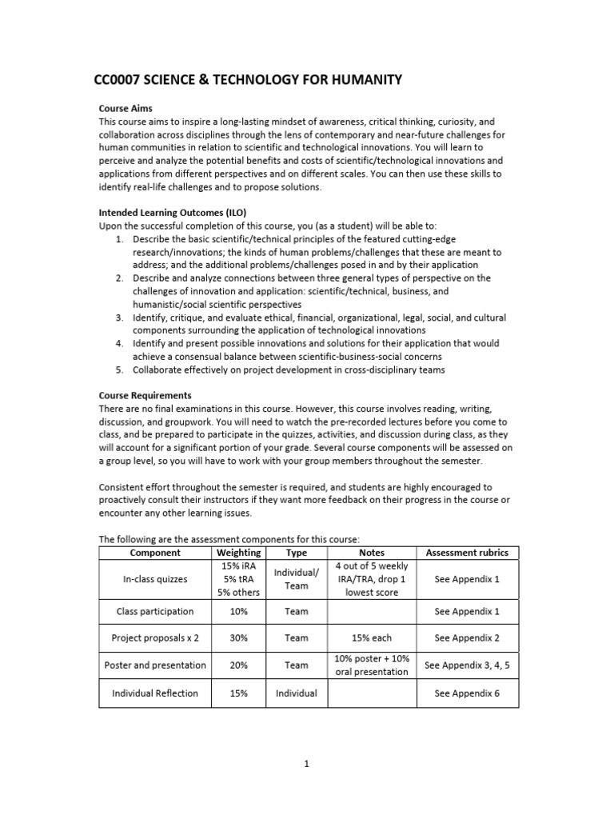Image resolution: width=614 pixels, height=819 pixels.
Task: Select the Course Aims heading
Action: click(x=126, y=109)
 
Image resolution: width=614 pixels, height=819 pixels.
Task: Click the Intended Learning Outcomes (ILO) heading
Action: click(x=172, y=214)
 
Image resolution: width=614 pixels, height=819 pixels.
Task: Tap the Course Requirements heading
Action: click(x=145, y=395)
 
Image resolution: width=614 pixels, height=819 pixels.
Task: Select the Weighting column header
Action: click(x=238, y=553)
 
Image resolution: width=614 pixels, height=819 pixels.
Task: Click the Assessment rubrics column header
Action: click(x=467, y=553)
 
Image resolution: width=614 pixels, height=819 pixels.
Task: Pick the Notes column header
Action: click(x=372, y=553)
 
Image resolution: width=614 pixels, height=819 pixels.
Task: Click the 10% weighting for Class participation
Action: click(x=238, y=612)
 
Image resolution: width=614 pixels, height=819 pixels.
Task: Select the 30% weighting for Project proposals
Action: click(x=238, y=638)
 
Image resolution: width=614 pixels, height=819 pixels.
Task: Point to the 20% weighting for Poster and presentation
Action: click(x=238, y=665)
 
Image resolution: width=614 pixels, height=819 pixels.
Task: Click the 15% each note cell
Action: click(x=372, y=638)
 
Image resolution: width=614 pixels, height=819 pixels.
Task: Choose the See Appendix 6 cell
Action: click(x=467, y=693)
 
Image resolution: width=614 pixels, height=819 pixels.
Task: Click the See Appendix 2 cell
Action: click(x=467, y=638)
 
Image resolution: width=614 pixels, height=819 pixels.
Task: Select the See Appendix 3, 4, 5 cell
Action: click(x=467, y=665)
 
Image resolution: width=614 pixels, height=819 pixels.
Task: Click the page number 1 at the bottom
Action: click(x=306, y=764)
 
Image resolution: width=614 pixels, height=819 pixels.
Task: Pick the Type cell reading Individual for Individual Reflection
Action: click(x=297, y=693)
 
